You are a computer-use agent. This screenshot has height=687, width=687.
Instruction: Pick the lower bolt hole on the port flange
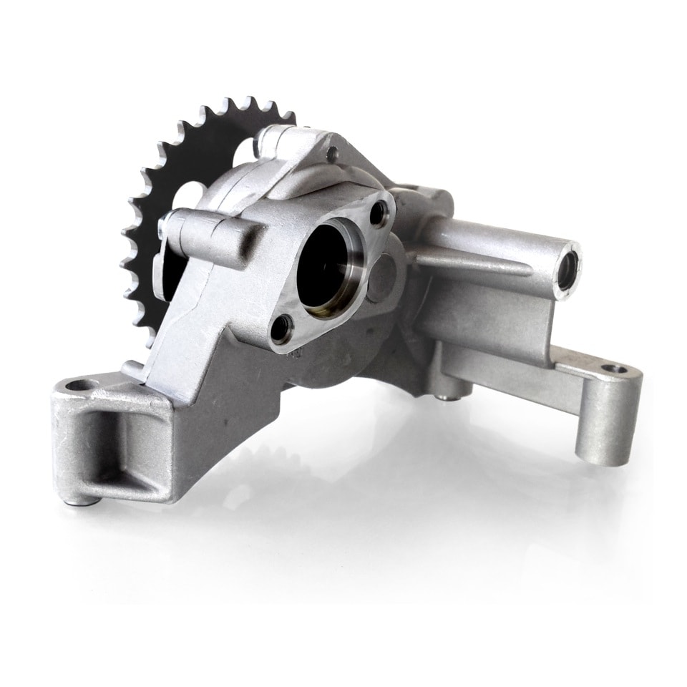281,328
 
